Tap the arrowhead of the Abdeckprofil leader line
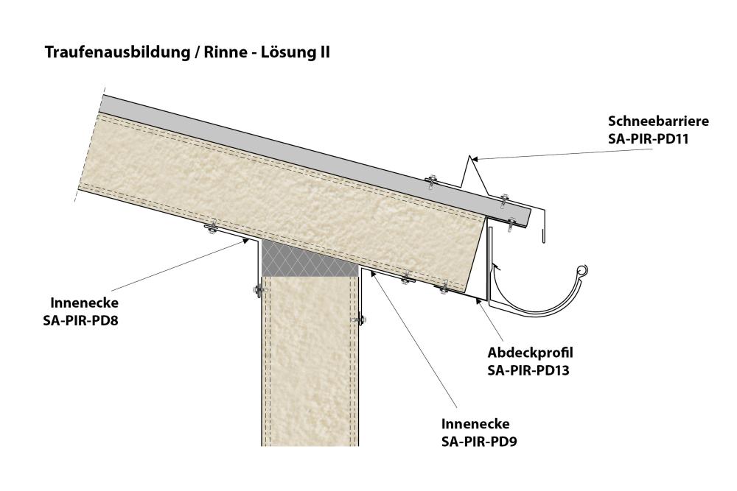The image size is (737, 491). [479, 300]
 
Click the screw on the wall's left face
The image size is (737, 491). [256, 290]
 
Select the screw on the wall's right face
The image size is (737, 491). [362, 319]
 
